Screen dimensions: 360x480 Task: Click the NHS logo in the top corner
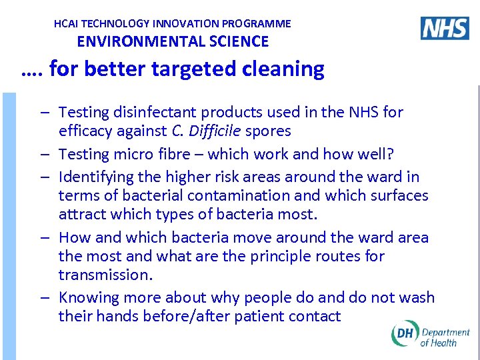coord(445,28)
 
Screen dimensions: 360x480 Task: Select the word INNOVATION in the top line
coord(190,23)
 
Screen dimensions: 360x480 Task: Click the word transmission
coord(103,275)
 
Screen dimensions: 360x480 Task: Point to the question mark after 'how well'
coord(391,154)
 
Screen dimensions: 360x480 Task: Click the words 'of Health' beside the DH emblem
coord(439,343)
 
